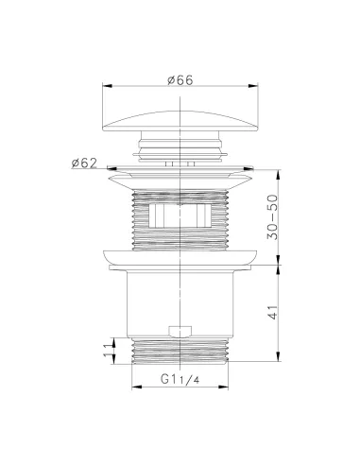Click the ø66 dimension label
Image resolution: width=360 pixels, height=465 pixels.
[x=180, y=80]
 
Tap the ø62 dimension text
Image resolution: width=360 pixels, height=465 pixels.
[x=84, y=163]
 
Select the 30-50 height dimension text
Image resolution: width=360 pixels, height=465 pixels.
[x=273, y=217]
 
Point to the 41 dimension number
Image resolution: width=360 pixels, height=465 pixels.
[x=273, y=313]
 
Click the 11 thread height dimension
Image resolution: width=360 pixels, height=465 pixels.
[x=108, y=350]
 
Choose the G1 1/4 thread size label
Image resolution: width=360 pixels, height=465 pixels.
[x=180, y=379]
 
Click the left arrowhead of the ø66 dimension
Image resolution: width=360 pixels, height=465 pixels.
[x=108, y=86]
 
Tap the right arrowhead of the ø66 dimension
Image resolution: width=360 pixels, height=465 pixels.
[x=253, y=86]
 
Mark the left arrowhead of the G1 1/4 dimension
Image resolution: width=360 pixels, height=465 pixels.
[x=136, y=387]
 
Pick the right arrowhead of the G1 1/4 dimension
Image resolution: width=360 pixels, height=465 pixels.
[x=223, y=387]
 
